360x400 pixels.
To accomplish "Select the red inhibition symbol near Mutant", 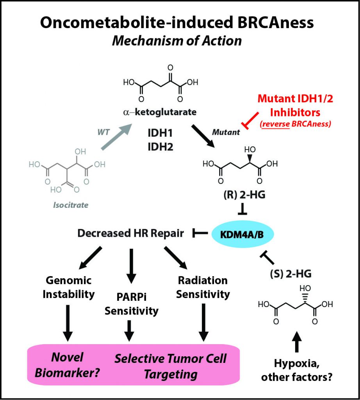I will (251, 120).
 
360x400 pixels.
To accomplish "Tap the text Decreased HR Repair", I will (130, 233).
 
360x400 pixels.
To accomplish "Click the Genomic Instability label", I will (68, 287).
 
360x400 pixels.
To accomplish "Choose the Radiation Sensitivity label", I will (203, 287).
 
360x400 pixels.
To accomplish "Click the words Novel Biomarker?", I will (67, 364).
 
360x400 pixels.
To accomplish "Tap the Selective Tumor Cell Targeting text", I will (170, 366).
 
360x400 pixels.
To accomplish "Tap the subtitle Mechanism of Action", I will (177, 40).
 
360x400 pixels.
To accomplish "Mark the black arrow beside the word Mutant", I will (203, 136).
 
